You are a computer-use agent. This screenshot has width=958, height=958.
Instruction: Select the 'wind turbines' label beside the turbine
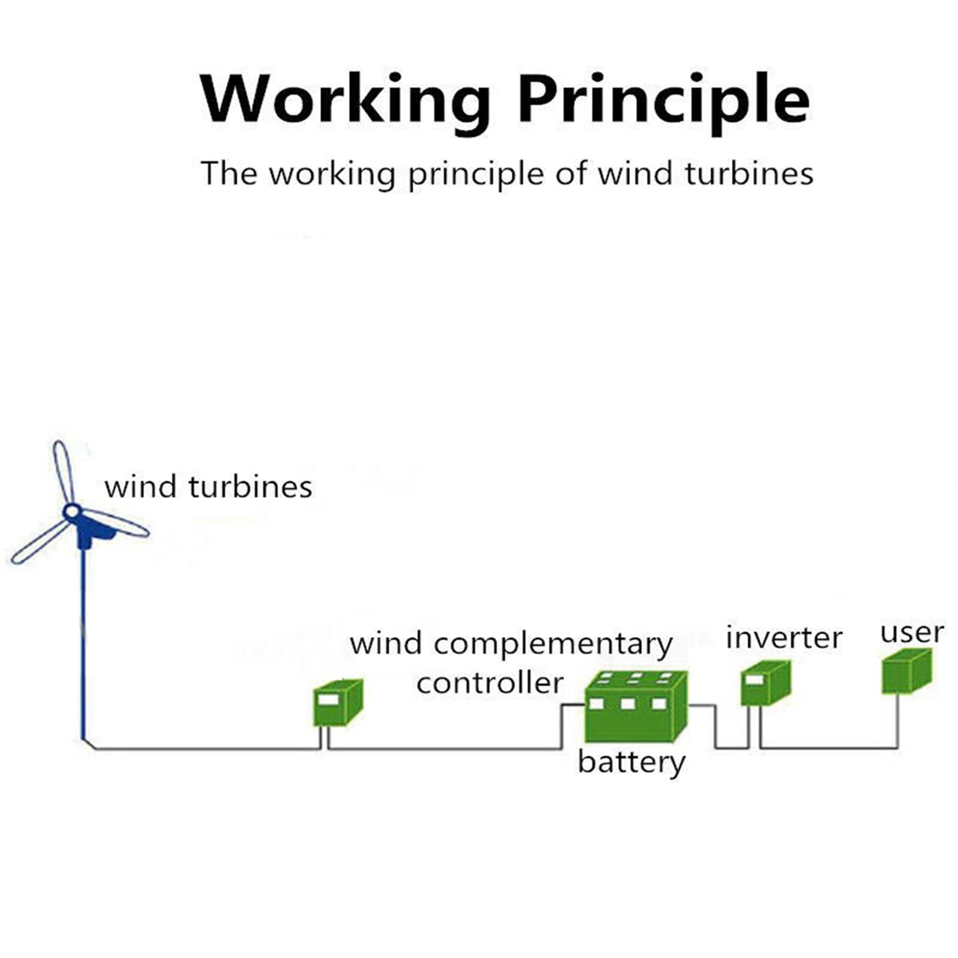[x=208, y=486]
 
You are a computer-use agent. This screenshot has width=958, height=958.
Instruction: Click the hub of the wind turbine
[x=72, y=512]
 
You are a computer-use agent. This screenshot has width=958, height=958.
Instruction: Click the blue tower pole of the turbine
[x=83, y=641]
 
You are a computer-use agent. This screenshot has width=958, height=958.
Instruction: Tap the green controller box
[x=338, y=702]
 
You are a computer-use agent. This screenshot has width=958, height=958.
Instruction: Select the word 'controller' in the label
[x=490, y=683]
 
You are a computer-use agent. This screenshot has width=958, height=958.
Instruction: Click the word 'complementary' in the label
[x=553, y=645]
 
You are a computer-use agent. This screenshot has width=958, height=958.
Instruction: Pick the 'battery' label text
[x=631, y=762]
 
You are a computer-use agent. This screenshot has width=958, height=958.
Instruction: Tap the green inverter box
[x=766, y=683]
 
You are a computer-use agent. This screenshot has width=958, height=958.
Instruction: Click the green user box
[x=907, y=671]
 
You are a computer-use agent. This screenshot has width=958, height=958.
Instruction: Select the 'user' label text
[x=912, y=633]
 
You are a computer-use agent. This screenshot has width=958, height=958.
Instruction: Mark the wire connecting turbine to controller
[x=204, y=748]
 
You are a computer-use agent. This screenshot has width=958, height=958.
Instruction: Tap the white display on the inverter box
[x=754, y=680]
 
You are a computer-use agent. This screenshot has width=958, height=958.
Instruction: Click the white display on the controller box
[x=328, y=699]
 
